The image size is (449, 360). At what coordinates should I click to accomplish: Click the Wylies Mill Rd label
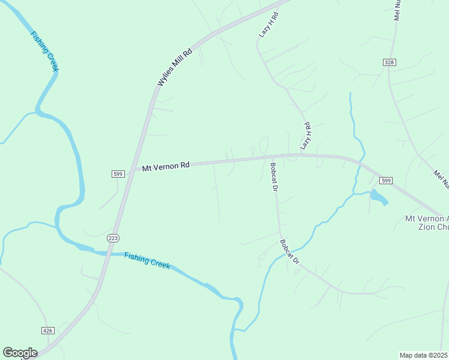coord(175,67)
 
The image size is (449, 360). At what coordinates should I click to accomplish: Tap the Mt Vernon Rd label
coord(166,166)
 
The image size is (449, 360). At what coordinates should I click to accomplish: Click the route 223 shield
coord(113,238)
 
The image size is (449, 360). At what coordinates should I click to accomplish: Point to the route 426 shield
coord(49,331)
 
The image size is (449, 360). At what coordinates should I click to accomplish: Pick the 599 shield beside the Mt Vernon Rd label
coord(118,174)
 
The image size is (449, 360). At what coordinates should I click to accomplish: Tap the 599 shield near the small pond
coord(385,181)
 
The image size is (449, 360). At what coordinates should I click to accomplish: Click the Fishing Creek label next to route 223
coord(147,260)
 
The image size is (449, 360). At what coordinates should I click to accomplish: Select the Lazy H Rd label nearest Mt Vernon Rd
coord(306,136)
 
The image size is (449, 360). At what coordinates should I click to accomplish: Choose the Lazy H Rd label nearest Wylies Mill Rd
coord(269,25)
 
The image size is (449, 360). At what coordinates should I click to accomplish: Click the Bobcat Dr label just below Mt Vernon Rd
coord(273,176)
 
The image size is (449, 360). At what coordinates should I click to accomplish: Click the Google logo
coord(20,353)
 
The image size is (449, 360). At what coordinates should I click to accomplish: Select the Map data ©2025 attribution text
coord(423,355)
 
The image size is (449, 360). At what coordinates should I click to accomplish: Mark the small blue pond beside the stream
coord(378,196)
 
